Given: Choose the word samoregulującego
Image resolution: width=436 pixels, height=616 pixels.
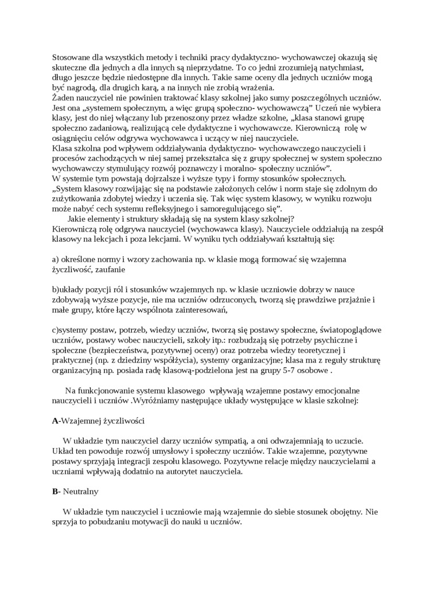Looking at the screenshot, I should click(229, 209).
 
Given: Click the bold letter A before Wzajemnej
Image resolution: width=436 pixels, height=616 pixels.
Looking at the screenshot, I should click(55, 420).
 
